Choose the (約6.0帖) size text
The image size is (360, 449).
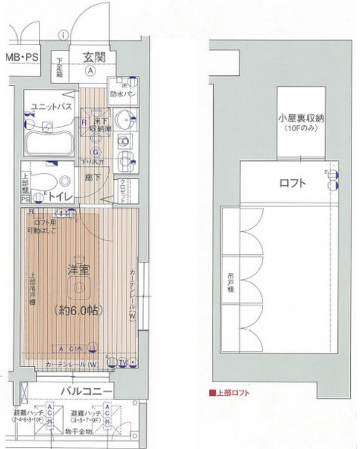(79, 311)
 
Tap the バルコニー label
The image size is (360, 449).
(86, 391)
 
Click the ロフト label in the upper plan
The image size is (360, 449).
(293, 183)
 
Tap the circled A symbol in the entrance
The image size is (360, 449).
(91, 71)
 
